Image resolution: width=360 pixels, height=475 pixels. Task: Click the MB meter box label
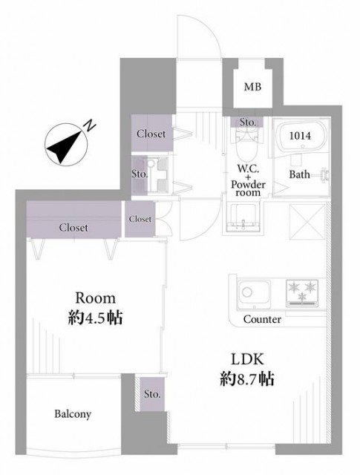[x=252, y=88]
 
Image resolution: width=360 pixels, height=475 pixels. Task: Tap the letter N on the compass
[x=90, y=125]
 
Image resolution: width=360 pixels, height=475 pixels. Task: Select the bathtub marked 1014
[x=302, y=137]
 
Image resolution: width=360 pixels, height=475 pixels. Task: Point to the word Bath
[x=299, y=174]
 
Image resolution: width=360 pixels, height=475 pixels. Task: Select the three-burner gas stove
[x=302, y=293]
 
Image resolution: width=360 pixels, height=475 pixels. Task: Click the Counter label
[x=262, y=319]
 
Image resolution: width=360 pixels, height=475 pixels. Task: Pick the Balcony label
[x=73, y=414]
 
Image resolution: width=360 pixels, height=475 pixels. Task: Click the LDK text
[x=247, y=359]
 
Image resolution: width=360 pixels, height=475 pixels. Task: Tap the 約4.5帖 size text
[x=95, y=318]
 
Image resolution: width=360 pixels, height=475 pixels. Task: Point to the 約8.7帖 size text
[x=247, y=379]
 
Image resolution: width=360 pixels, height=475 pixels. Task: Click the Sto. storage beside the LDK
[x=152, y=394]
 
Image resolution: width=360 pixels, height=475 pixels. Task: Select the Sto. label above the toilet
[x=248, y=122]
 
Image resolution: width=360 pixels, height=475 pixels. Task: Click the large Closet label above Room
[x=73, y=228]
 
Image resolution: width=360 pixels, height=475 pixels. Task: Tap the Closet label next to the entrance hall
[x=151, y=134]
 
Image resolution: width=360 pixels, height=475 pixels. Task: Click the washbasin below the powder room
[x=243, y=217]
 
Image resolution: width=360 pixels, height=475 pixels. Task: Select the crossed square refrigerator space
[x=307, y=222]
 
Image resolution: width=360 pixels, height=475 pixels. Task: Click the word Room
[x=96, y=298]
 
